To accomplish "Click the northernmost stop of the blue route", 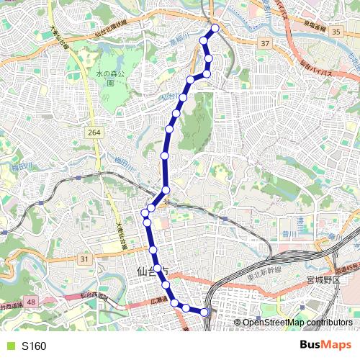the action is tap(214, 29).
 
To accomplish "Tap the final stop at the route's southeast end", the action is tap(204, 312).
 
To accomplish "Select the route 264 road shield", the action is tap(94, 132).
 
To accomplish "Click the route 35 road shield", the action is tap(336, 32).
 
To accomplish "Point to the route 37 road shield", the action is tap(266, 44).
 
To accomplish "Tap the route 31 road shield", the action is tap(85, 258).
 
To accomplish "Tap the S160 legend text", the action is tap(34, 346).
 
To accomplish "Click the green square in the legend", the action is tap(9, 346).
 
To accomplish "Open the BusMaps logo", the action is tap(325, 346).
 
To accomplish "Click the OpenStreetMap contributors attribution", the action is tap(297, 322).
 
